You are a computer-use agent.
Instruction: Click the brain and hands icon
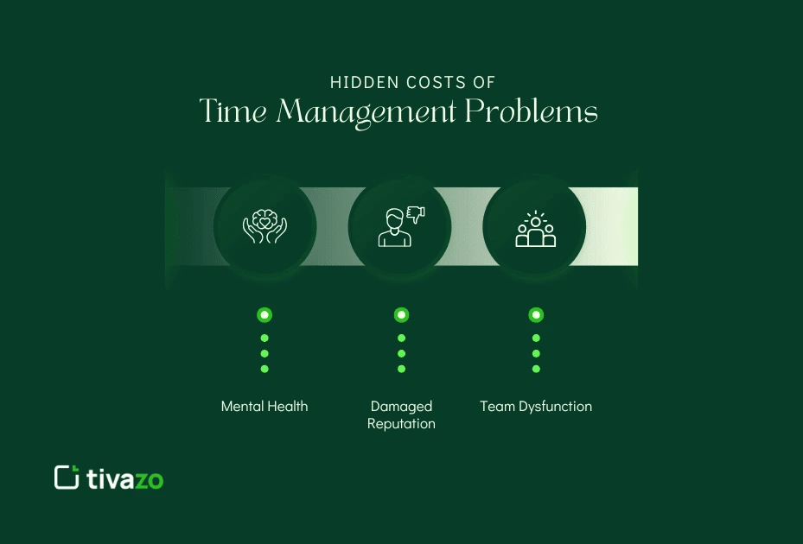pos(264,227)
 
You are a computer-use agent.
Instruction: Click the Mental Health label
pos(264,406)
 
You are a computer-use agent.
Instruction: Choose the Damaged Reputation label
pos(401,414)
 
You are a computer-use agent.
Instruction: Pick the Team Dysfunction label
pos(536,406)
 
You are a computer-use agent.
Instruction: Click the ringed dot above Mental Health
pos(264,315)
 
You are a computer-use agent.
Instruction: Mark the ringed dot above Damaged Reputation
pos(401,315)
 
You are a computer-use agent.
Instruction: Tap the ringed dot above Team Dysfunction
pos(536,315)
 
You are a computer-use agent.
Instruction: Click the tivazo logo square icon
pos(67,478)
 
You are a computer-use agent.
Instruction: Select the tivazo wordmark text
pos(125,479)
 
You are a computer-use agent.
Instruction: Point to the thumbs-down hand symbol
pos(417,212)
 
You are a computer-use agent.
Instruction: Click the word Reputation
pos(401,424)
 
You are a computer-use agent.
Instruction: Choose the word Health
pos(288,406)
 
